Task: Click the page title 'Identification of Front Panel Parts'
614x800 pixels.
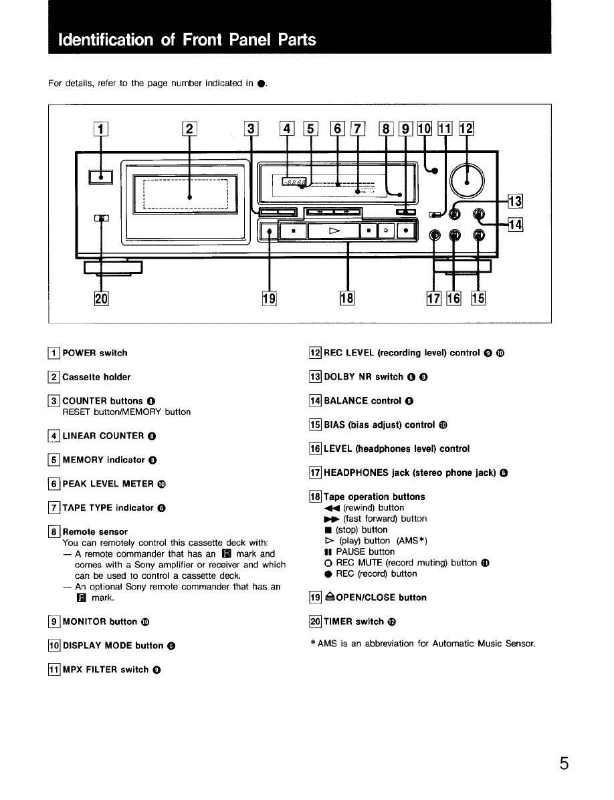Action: point(187,39)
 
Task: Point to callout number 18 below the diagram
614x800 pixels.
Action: point(347,299)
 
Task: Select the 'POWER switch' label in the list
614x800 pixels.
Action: point(94,353)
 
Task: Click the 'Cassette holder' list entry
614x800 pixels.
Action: point(96,377)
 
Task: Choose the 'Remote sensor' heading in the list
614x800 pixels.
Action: point(95,532)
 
